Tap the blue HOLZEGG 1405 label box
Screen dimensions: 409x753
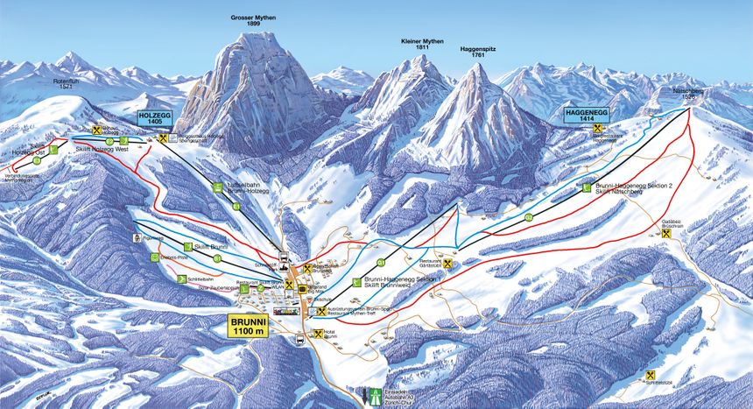(x=155, y=119)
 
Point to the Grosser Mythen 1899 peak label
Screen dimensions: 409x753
(x=253, y=20)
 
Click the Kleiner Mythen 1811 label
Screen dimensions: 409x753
(x=422, y=46)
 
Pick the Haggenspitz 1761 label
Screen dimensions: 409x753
(x=478, y=52)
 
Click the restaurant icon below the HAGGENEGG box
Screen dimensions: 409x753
(x=598, y=128)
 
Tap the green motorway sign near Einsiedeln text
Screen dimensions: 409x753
(x=377, y=394)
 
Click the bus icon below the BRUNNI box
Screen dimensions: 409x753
(x=301, y=342)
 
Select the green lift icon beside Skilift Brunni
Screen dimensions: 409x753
(x=187, y=247)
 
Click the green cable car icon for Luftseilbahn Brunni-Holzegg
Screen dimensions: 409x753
(x=216, y=187)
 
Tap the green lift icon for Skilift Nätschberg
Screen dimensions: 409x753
(x=585, y=187)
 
